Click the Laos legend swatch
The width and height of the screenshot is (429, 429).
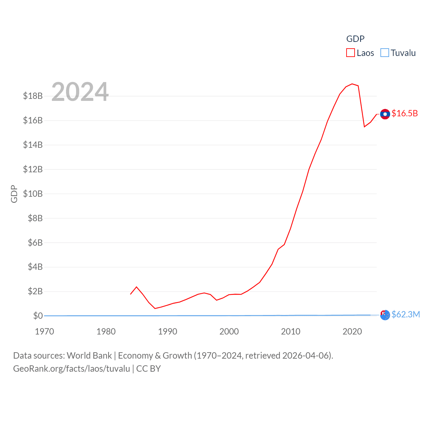[x=351, y=53]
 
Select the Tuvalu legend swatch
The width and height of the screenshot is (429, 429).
[x=385, y=53]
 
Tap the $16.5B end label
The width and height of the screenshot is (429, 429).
[x=405, y=113]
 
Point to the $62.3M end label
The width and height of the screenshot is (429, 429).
[x=406, y=314]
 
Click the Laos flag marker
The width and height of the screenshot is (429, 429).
[x=385, y=114]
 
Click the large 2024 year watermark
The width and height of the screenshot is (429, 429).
[x=80, y=91]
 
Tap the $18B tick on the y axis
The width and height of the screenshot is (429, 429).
[x=33, y=96]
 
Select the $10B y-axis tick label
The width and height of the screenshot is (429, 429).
[x=33, y=194]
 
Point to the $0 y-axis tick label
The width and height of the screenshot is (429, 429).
[x=38, y=316]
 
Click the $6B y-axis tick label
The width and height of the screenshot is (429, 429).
[x=35, y=243]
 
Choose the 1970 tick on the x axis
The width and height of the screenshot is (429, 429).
[x=45, y=331]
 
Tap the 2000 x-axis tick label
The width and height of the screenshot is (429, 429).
[x=229, y=331]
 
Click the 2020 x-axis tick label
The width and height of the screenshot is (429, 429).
[x=352, y=331]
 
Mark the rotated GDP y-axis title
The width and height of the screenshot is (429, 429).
[x=14, y=194]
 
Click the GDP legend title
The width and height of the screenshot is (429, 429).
[x=355, y=39]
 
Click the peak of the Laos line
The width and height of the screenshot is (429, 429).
[x=352, y=84]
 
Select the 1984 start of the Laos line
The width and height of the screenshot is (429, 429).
[x=131, y=294]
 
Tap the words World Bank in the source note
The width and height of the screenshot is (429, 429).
[x=89, y=356]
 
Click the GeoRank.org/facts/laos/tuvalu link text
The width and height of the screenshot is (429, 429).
[x=71, y=369]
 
